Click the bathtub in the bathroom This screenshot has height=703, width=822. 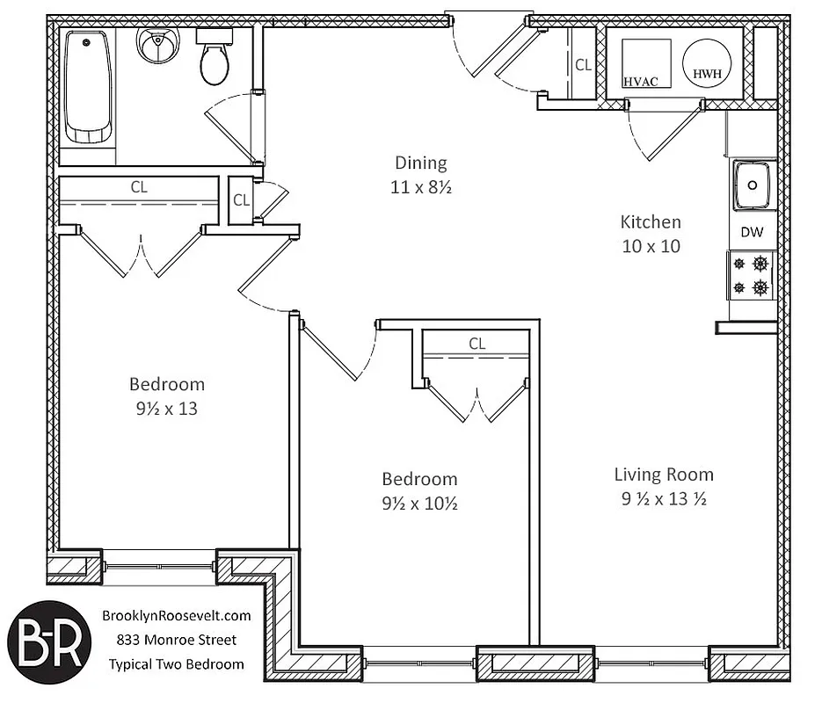(88, 87)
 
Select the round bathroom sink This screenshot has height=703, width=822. (158, 44)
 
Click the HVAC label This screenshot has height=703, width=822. (641, 81)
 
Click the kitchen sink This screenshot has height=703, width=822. (753, 185)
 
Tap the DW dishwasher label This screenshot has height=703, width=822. (752, 233)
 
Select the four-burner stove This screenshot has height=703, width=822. (753, 275)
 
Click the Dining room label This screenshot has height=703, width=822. (420, 163)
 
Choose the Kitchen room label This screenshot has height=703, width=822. (651, 222)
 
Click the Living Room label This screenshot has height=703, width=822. (664, 475)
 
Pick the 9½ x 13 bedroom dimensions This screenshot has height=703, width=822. (167, 408)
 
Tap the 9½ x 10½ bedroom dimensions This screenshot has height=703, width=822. (419, 504)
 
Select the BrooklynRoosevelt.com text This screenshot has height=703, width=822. (177, 616)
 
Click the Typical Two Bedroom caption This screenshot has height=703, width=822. (177, 664)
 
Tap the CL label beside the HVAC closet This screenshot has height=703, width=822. (583, 64)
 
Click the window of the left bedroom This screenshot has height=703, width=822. (159, 568)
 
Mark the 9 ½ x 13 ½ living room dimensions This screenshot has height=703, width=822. (664, 499)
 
